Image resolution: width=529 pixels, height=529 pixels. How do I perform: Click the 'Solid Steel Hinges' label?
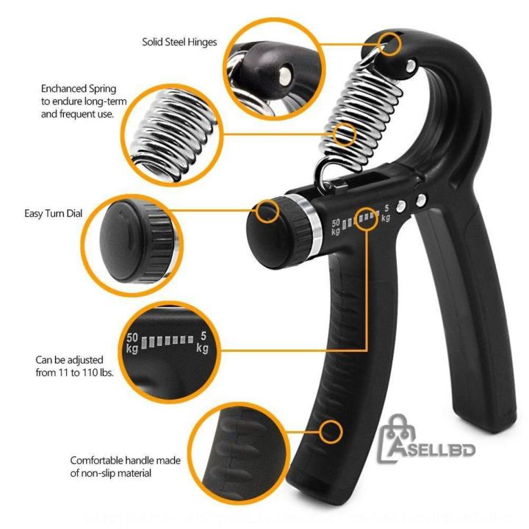[179, 42]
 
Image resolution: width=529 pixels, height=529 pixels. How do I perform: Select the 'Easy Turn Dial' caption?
[54, 214]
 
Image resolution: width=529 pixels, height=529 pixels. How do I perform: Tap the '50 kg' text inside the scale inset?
[132, 342]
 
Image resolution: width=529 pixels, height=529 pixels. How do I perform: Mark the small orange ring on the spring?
[345, 134]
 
